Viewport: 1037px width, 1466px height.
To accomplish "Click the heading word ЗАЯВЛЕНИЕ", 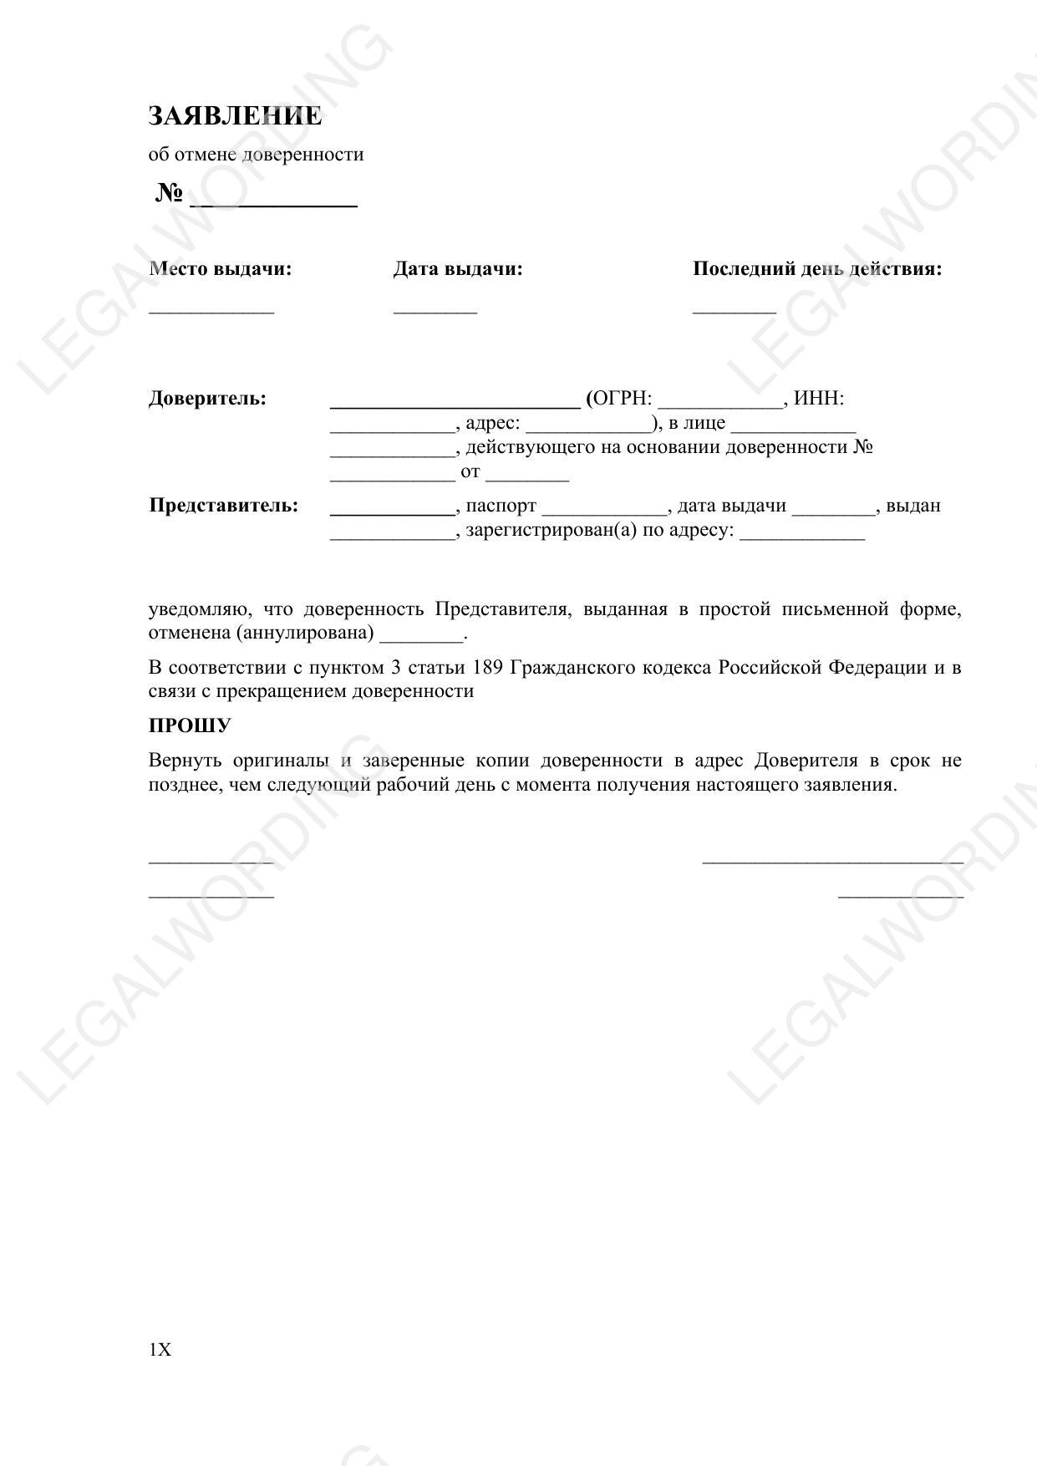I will (235, 115).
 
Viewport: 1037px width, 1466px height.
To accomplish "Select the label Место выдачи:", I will (221, 269).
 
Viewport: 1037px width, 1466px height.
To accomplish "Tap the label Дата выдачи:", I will (458, 269).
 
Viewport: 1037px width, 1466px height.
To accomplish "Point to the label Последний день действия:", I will (816, 269).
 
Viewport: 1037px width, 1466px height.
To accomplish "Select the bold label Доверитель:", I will (207, 399).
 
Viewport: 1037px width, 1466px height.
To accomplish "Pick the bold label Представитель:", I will (223, 506).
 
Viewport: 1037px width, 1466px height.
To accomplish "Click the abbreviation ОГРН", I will (620, 399).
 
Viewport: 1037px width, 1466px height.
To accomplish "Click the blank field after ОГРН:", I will (720, 403).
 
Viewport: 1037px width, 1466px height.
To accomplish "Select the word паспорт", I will (501, 506).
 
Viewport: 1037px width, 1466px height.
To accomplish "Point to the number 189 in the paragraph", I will (488, 667).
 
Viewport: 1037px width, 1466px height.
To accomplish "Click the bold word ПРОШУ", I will (190, 725).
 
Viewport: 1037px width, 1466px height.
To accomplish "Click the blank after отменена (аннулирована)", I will (421, 637).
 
